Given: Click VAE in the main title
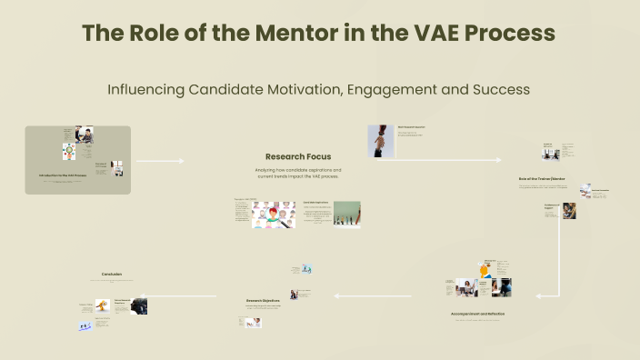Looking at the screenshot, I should click(426, 34).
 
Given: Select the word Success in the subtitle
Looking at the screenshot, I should click(496, 90).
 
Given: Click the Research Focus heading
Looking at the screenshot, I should click(298, 156).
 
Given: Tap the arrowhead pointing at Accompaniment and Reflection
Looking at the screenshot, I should click(535, 295).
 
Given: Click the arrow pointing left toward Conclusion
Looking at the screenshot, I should click(186, 295).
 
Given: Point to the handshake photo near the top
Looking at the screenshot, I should click(380, 141).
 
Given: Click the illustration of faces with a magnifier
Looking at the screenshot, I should click(274, 215).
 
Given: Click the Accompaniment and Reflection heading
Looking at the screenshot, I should click(477, 314).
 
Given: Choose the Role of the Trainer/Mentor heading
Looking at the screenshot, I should click(542, 178).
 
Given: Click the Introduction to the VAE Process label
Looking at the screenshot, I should click(64, 174).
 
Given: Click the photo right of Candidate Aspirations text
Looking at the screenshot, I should click(346, 214).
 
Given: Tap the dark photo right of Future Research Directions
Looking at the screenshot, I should click(139, 306).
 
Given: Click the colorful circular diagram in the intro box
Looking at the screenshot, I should click(69, 151).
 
